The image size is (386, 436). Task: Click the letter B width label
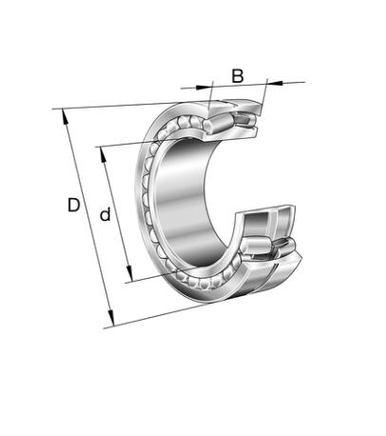pos(238,76)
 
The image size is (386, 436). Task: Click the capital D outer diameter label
pos(73,205)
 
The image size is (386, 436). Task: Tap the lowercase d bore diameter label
pos(106,214)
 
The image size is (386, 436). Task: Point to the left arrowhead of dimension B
pos(203,87)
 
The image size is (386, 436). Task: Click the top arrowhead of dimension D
pos(65,116)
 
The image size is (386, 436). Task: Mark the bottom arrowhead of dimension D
pos(110,318)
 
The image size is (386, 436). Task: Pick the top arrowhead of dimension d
pos(103,154)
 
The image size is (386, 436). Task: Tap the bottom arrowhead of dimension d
pos(129,273)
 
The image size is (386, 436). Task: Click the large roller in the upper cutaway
pos(218,124)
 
